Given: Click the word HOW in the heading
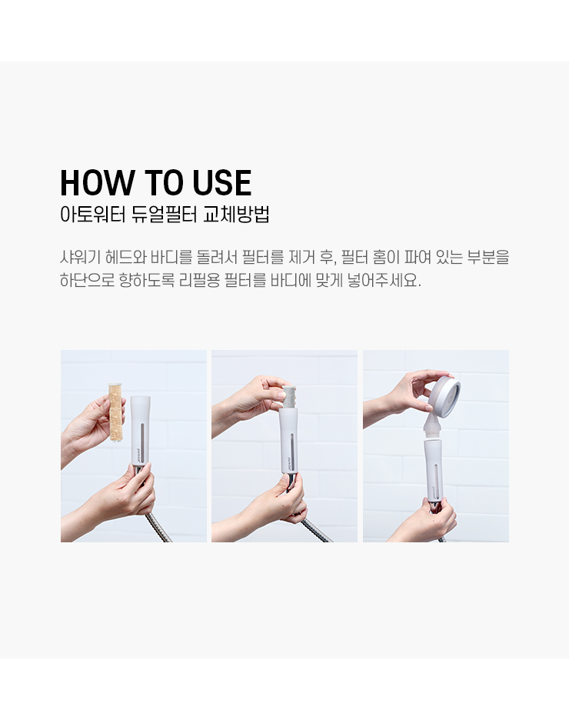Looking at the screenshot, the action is pos(98,183).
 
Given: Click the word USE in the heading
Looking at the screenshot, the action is pos(222,183).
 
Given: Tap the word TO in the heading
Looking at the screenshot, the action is pos(164,183).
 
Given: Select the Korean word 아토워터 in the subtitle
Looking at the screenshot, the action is pos(92,215).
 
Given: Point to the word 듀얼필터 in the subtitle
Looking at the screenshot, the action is pos(165,215).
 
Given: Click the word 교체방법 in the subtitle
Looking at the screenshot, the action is pos(236,215).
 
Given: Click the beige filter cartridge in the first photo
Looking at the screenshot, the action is pos(117,412).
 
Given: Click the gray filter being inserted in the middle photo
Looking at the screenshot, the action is pos(288,398).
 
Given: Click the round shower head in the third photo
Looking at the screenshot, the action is pos(444,396).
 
